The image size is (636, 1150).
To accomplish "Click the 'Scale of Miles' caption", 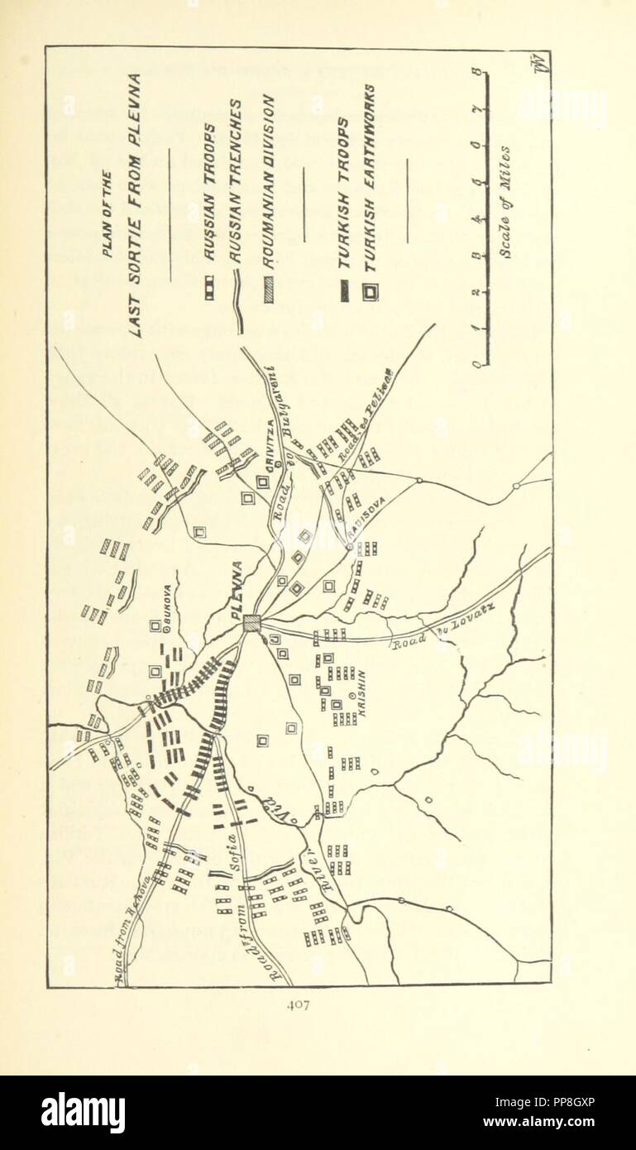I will (x=506, y=202).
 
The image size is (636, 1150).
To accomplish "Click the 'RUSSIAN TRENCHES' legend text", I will (x=236, y=182).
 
